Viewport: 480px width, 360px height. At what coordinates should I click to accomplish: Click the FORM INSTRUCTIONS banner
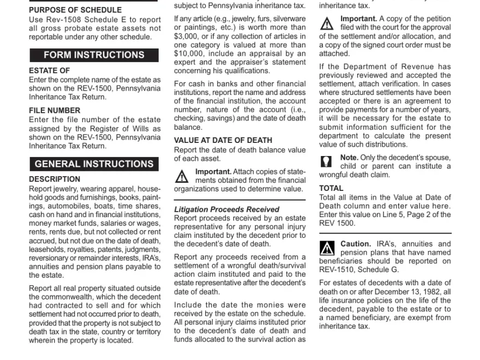pos(94,55)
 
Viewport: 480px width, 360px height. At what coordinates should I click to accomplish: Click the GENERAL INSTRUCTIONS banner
pos(94,164)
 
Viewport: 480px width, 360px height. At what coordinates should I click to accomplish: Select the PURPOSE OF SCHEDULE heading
pos(75,10)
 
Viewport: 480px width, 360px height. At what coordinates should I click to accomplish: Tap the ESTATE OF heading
pos(50,70)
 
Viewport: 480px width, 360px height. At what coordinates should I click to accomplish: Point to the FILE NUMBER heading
pos(55,110)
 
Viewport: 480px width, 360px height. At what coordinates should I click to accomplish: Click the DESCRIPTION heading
pos(55,179)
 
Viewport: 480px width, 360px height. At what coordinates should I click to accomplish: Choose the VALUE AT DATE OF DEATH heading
pos(223,140)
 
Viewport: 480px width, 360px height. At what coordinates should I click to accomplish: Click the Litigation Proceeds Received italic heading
pos(226,209)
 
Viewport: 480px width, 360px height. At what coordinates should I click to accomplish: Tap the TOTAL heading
pos(331,188)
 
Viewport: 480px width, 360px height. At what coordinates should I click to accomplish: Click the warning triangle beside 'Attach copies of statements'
pos(182,176)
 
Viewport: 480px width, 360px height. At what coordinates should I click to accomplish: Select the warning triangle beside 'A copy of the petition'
pos(327,23)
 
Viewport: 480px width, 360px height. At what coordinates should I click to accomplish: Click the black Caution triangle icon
pos(327,249)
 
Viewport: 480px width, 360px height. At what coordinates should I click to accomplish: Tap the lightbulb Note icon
pos(326,162)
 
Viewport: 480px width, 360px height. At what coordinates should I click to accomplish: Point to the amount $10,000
pos(189,53)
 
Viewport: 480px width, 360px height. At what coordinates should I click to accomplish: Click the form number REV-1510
pos(337,269)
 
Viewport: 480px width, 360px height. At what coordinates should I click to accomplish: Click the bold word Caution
pos(356,244)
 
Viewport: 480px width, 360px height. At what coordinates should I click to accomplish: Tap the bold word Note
pos(349,157)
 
